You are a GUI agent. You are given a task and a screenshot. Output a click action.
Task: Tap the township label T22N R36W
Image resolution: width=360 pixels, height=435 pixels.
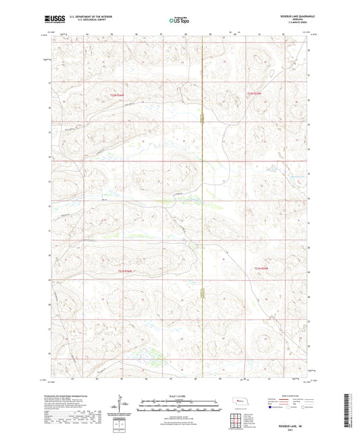point(118,96)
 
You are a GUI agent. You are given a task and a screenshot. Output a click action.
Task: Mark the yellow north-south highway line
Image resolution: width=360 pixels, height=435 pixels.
point(203,203)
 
